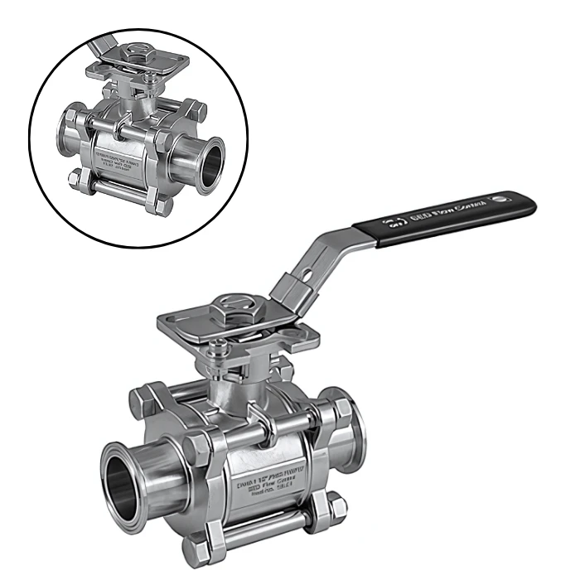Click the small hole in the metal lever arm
point(304,270)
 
